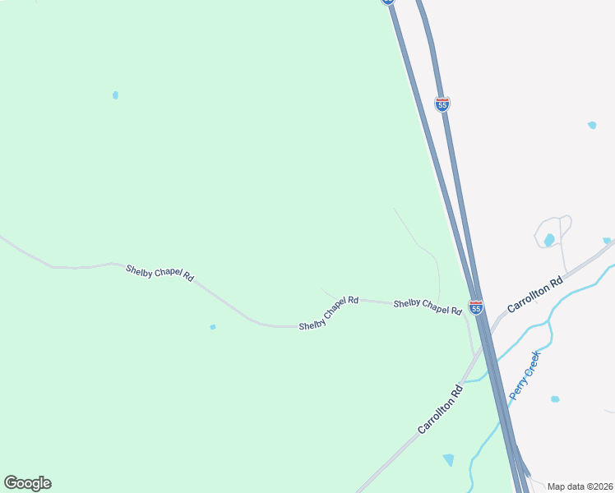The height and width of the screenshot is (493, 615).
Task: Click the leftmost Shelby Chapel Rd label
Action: click(x=160, y=273)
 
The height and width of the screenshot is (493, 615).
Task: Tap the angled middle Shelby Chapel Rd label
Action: click(x=329, y=313)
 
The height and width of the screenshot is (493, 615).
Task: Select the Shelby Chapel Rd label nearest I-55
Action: click(x=428, y=306)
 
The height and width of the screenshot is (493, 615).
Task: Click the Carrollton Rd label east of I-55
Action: click(x=534, y=294)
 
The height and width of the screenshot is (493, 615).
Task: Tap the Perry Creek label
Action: click(x=524, y=376)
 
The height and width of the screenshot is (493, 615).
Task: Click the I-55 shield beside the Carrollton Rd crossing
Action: click(x=476, y=307)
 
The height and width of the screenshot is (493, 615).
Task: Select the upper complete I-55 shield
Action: click(x=442, y=104)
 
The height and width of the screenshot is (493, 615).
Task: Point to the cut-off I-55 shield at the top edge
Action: click(x=388, y=2)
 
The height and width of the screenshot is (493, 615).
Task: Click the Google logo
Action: click(x=27, y=483)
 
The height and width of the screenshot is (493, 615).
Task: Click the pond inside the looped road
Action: click(x=548, y=240)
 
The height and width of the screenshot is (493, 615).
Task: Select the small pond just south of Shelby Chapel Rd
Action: click(x=213, y=327)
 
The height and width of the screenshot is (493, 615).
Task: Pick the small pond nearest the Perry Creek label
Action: click(x=555, y=399)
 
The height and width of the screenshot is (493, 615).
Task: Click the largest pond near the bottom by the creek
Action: click(x=448, y=459)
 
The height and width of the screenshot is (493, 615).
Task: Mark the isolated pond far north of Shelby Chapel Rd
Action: click(x=115, y=95)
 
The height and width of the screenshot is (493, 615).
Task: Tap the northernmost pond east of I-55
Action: click(x=592, y=125)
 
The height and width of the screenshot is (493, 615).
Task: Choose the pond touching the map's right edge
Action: click(x=608, y=241)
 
